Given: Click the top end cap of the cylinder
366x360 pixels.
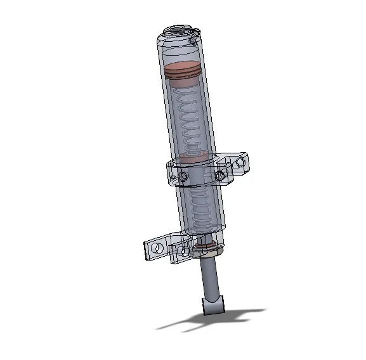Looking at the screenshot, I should [180, 30].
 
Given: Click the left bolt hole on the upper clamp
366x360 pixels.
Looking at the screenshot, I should [183, 176].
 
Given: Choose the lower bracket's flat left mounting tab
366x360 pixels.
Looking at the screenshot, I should [156, 248].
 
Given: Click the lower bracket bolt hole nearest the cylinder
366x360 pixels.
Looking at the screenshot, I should [185, 251].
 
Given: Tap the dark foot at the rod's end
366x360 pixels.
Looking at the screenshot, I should [214, 305].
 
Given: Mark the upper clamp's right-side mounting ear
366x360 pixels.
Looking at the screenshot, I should [239, 164].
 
